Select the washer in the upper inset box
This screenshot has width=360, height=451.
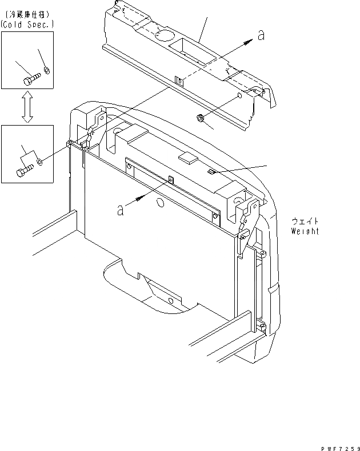[47, 71]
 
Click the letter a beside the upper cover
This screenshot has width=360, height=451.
[261, 35]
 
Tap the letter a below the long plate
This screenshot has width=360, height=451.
[121, 211]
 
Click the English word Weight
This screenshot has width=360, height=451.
[304, 231]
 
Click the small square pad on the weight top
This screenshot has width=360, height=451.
[186, 157]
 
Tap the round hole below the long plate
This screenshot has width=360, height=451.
[161, 203]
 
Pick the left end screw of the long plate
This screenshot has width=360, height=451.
[130, 166]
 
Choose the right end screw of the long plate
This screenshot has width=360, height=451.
[214, 215]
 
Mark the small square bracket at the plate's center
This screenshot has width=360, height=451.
[170, 180]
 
